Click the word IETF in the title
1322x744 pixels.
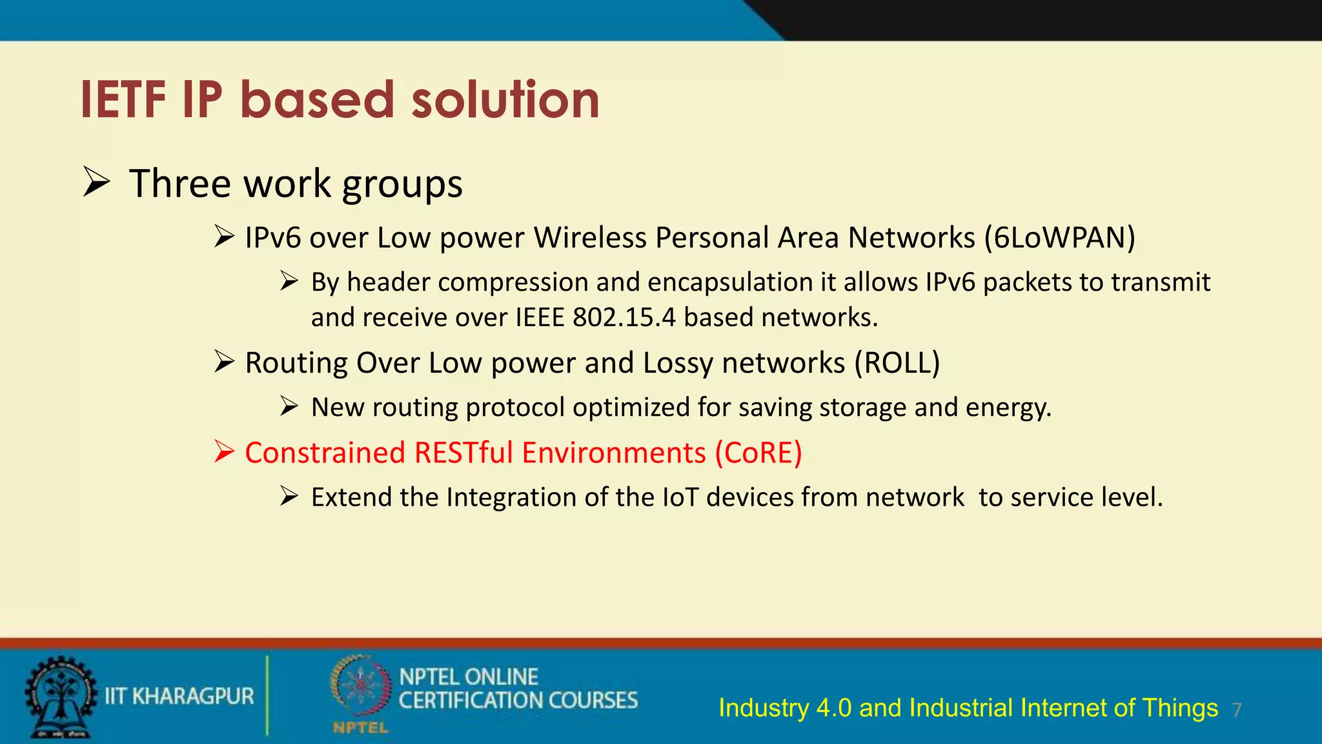[123, 100]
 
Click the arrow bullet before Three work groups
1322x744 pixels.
[97, 182]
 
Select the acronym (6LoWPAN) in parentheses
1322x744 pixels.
[1059, 238]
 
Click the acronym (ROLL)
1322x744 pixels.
[897, 363]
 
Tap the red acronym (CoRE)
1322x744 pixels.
[758, 453]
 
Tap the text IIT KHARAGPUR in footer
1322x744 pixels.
[179, 696]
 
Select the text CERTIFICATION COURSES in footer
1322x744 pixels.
[518, 701]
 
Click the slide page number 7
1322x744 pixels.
[1236, 710]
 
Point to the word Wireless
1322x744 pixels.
[590, 238]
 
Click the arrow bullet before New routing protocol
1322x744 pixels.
[289, 406]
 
